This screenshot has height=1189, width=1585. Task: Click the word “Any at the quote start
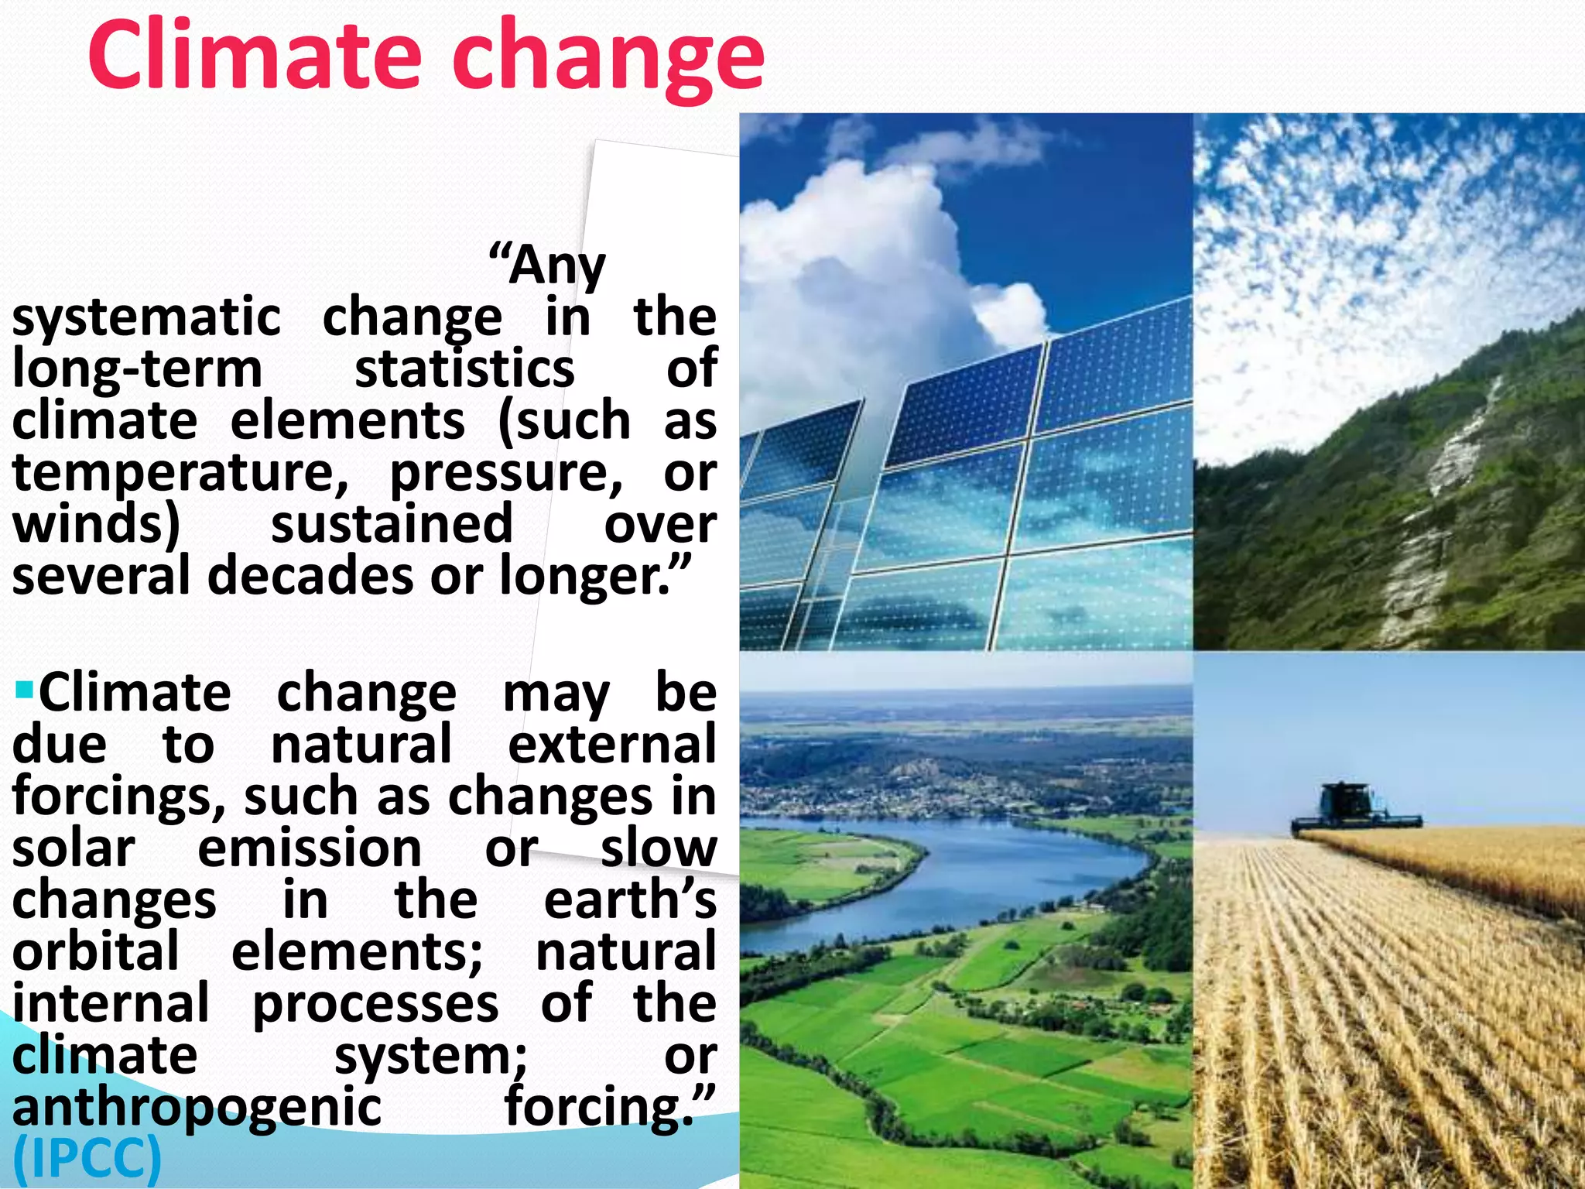click(547, 266)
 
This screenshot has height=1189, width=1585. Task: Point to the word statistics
click(464, 369)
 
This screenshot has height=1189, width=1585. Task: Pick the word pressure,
click(505, 473)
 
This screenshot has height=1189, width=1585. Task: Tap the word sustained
click(392, 524)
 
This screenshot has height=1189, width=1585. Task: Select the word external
click(611, 744)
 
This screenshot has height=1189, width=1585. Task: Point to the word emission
click(310, 848)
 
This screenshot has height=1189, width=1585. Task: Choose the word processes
click(375, 1004)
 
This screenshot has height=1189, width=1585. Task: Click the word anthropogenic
click(197, 1108)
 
